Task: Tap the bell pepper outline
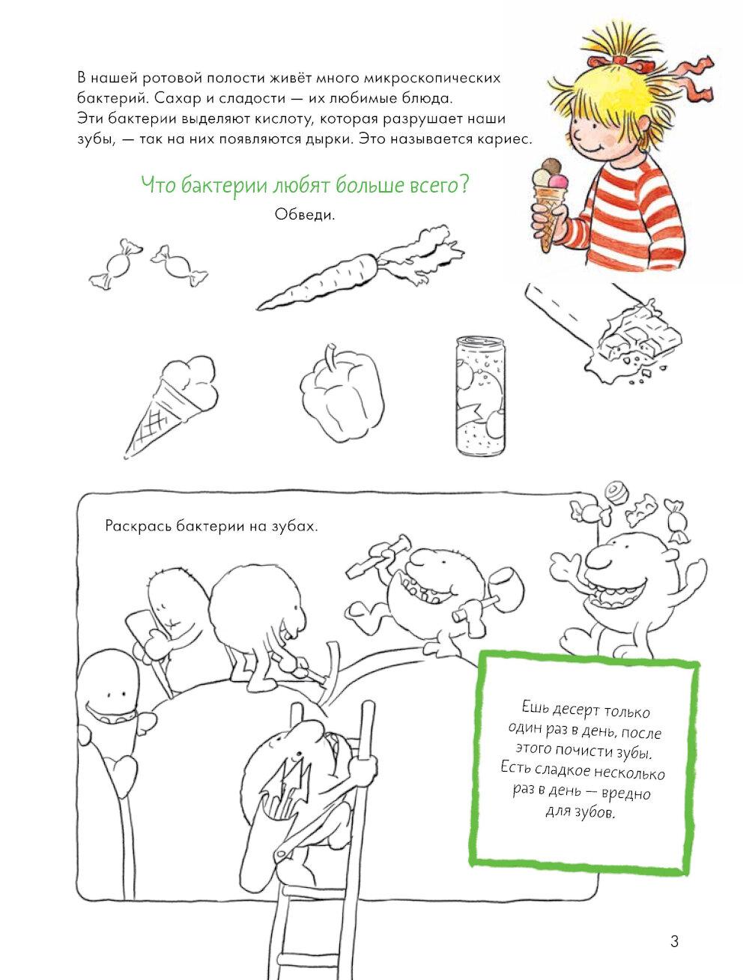pyautogui.click(x=342, y=392)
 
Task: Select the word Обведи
pyautogui.click(x=305, y=215)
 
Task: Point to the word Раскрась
pyautogui.click(x=139, y=526)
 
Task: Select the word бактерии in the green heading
pyautogui.click(x=223, y=185)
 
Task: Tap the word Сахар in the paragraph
pyautogui.click(x=172, y=98)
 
